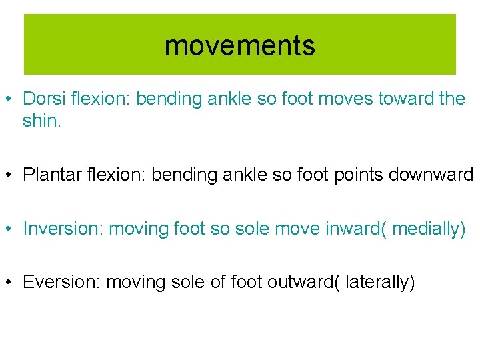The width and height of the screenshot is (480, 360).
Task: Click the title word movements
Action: point(239,46)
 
